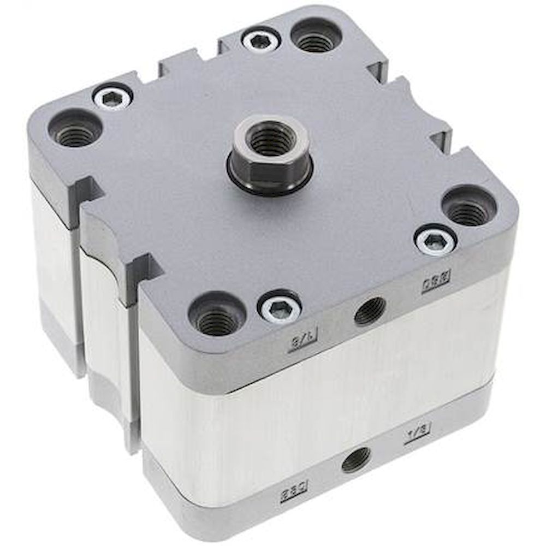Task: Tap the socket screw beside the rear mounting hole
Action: (x=261, y=40)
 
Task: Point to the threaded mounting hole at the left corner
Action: (x=74, y=129)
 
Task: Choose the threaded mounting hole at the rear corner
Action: (x=316, y=36)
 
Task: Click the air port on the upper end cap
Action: (x=370, y=311)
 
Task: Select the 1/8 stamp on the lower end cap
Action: (x=417, y=433)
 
